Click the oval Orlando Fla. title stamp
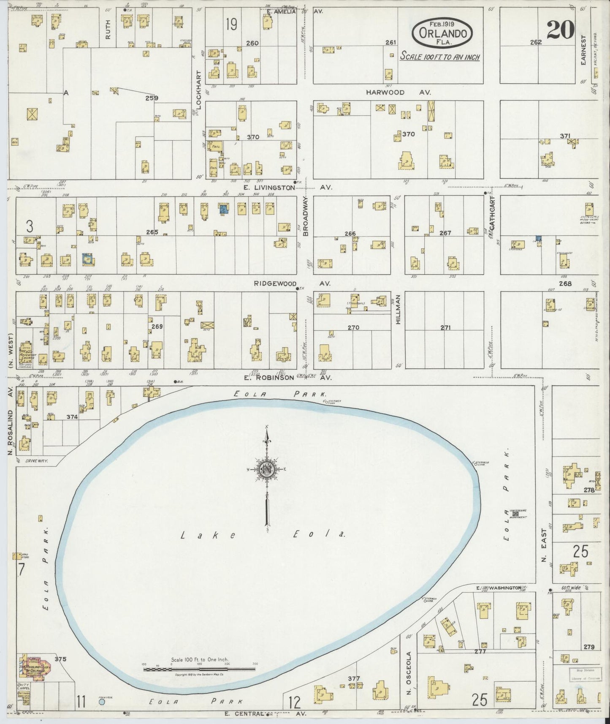pyautogui.click(x=442, y=33)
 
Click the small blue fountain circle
pyautogui.click(x=101, y=702)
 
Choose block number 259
pyautogui.click(x=152, y=98)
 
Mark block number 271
pyautogui.click(x=446, y=327)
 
